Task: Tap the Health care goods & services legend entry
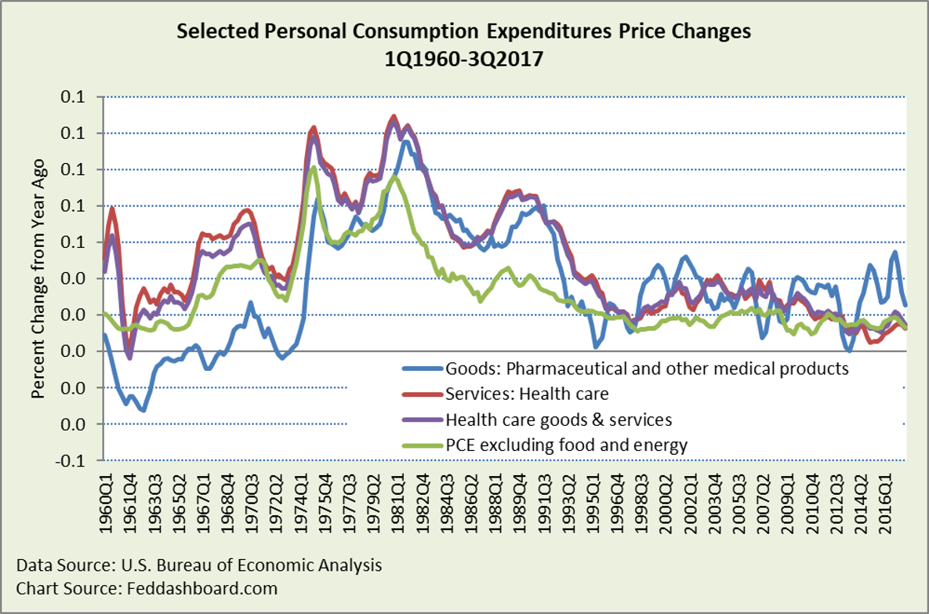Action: point(559,420)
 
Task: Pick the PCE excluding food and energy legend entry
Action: point(566,446)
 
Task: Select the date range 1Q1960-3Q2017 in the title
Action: point(464,58)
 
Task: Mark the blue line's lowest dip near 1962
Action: point(143,409)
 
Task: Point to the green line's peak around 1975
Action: point(314,167)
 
